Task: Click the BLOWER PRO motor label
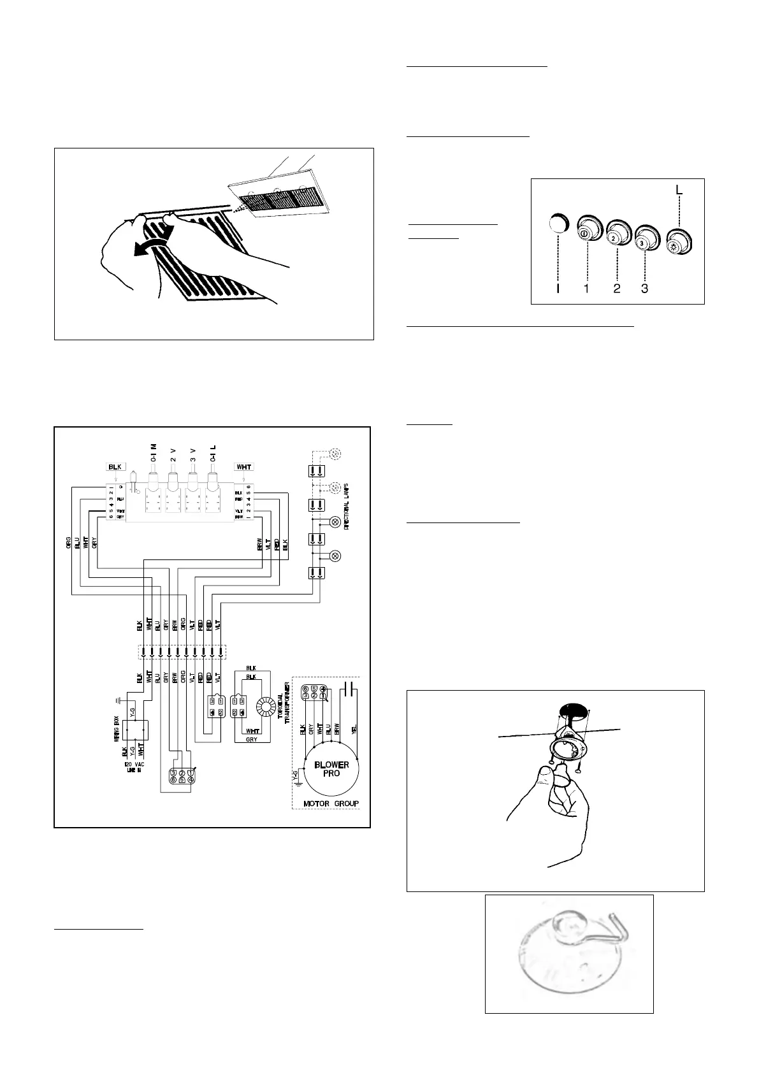click(331, 768)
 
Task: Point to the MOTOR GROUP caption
click(326, 803)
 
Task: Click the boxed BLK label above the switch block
click(115, 466)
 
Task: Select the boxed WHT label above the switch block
click(244, 466)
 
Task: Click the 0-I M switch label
click(154, 450)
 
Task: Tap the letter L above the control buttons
click(679, 191)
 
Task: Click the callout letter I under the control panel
click(558, 289)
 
